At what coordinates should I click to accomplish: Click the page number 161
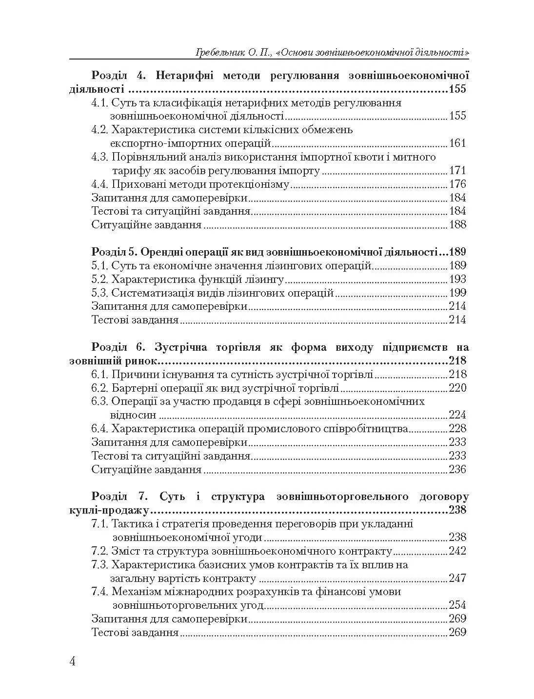coord(457,143)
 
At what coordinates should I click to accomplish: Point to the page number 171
coord(457,171)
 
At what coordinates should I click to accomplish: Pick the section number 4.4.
coord(100,184)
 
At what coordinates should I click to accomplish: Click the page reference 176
coord(457,184)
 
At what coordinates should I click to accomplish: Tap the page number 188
coord(457,225)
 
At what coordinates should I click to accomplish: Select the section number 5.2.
coord(100,280)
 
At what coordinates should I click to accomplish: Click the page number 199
coord(457,293)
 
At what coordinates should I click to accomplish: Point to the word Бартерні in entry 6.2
coord(132,388)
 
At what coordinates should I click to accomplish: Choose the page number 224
coord(457,415)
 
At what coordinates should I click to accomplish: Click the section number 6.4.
coord(100,429)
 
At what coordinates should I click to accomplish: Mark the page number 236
coord(457,470)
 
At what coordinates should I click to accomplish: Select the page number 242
coord(457,551)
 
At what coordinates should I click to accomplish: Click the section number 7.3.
coord(100,565)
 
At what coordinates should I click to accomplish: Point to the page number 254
coord(457,605)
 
